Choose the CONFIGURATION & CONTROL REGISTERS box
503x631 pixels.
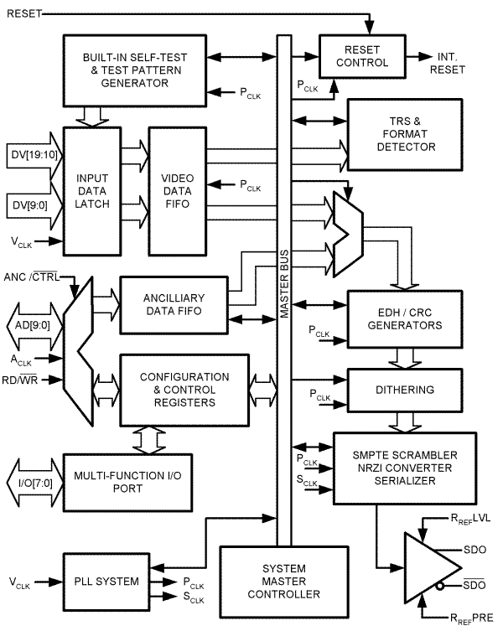pyautogui.click(x=184, y=390)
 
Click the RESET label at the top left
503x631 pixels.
pyautogui.click(x=23, y=13)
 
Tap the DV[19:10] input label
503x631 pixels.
pyautogui.click(x=30, y=155)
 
